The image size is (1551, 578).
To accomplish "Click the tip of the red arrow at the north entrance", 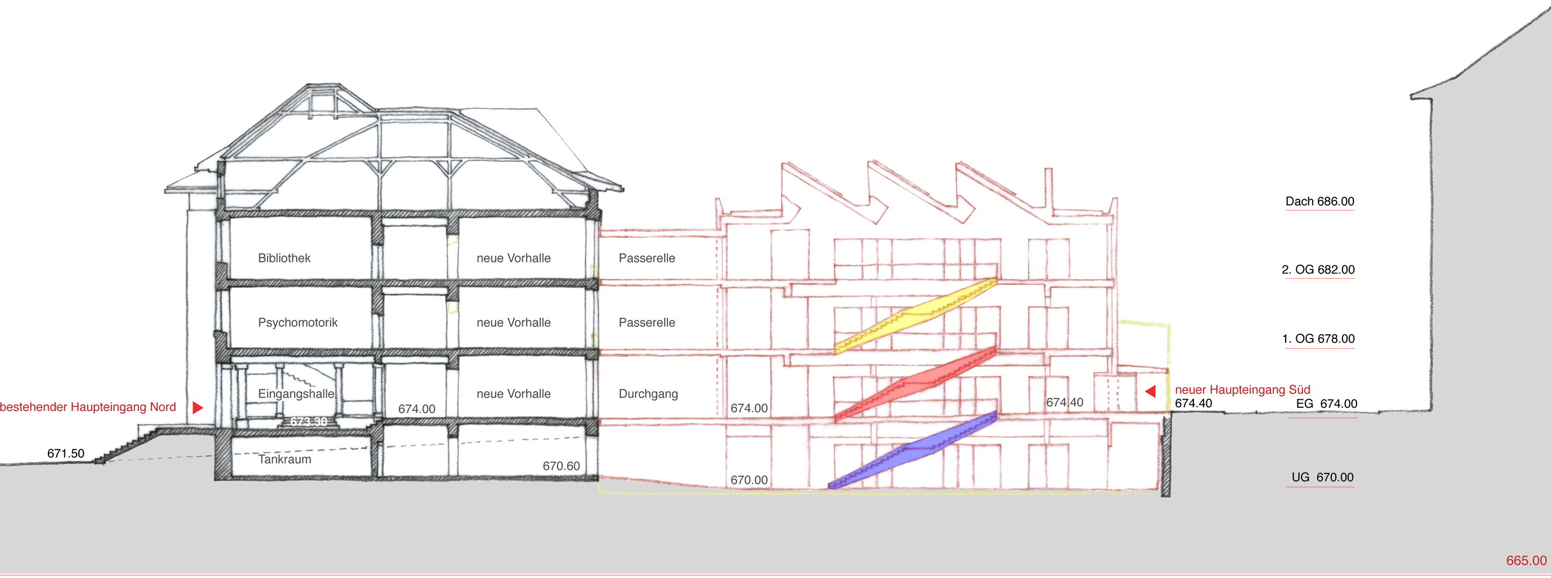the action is click(x=203, y=407).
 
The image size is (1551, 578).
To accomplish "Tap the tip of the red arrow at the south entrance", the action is click(x=1145, y=392).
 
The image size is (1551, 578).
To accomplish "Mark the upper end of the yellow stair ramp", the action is click(x=996, y=279).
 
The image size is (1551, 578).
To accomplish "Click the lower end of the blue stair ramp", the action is click(x=830, y=485).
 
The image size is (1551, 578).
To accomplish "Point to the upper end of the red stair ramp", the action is click(x=996, y=348).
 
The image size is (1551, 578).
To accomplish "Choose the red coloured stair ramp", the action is click(x=915, y=383).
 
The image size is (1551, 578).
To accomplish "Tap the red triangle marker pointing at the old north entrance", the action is click(x=198, y=407).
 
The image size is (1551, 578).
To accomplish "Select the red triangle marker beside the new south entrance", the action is click(x=1150, y=392).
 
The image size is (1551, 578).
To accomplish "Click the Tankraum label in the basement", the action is click(x=285, y=459).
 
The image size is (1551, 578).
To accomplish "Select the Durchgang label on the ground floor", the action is click(x=649, y=394).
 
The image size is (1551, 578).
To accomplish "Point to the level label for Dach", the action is click(x=1320, y=201).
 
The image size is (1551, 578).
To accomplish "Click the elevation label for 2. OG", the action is click(x=1318, y=270).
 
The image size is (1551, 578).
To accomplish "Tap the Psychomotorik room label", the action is click(x=298, y=323).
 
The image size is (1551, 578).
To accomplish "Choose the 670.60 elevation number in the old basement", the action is click(x=561, y=466).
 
